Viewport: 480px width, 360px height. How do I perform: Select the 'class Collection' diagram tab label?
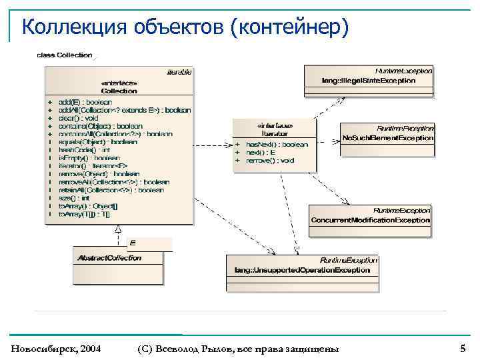64,55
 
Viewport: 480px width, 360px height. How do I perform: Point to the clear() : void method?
79,118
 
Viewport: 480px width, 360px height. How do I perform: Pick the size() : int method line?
74,198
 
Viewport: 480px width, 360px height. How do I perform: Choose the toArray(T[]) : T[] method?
85,214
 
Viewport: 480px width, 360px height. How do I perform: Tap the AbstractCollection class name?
109,257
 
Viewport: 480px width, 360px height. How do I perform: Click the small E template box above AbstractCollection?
133,243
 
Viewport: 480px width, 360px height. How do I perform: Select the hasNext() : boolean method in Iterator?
277,145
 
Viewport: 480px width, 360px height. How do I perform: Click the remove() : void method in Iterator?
269,161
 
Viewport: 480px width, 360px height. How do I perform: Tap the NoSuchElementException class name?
387,138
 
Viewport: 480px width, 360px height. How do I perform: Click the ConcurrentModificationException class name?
370,220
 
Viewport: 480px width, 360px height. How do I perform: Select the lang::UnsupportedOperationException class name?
302,270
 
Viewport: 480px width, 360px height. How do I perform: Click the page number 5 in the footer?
463,348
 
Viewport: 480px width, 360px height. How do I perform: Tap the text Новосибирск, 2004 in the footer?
56,349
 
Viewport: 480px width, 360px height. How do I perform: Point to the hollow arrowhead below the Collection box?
118,228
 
